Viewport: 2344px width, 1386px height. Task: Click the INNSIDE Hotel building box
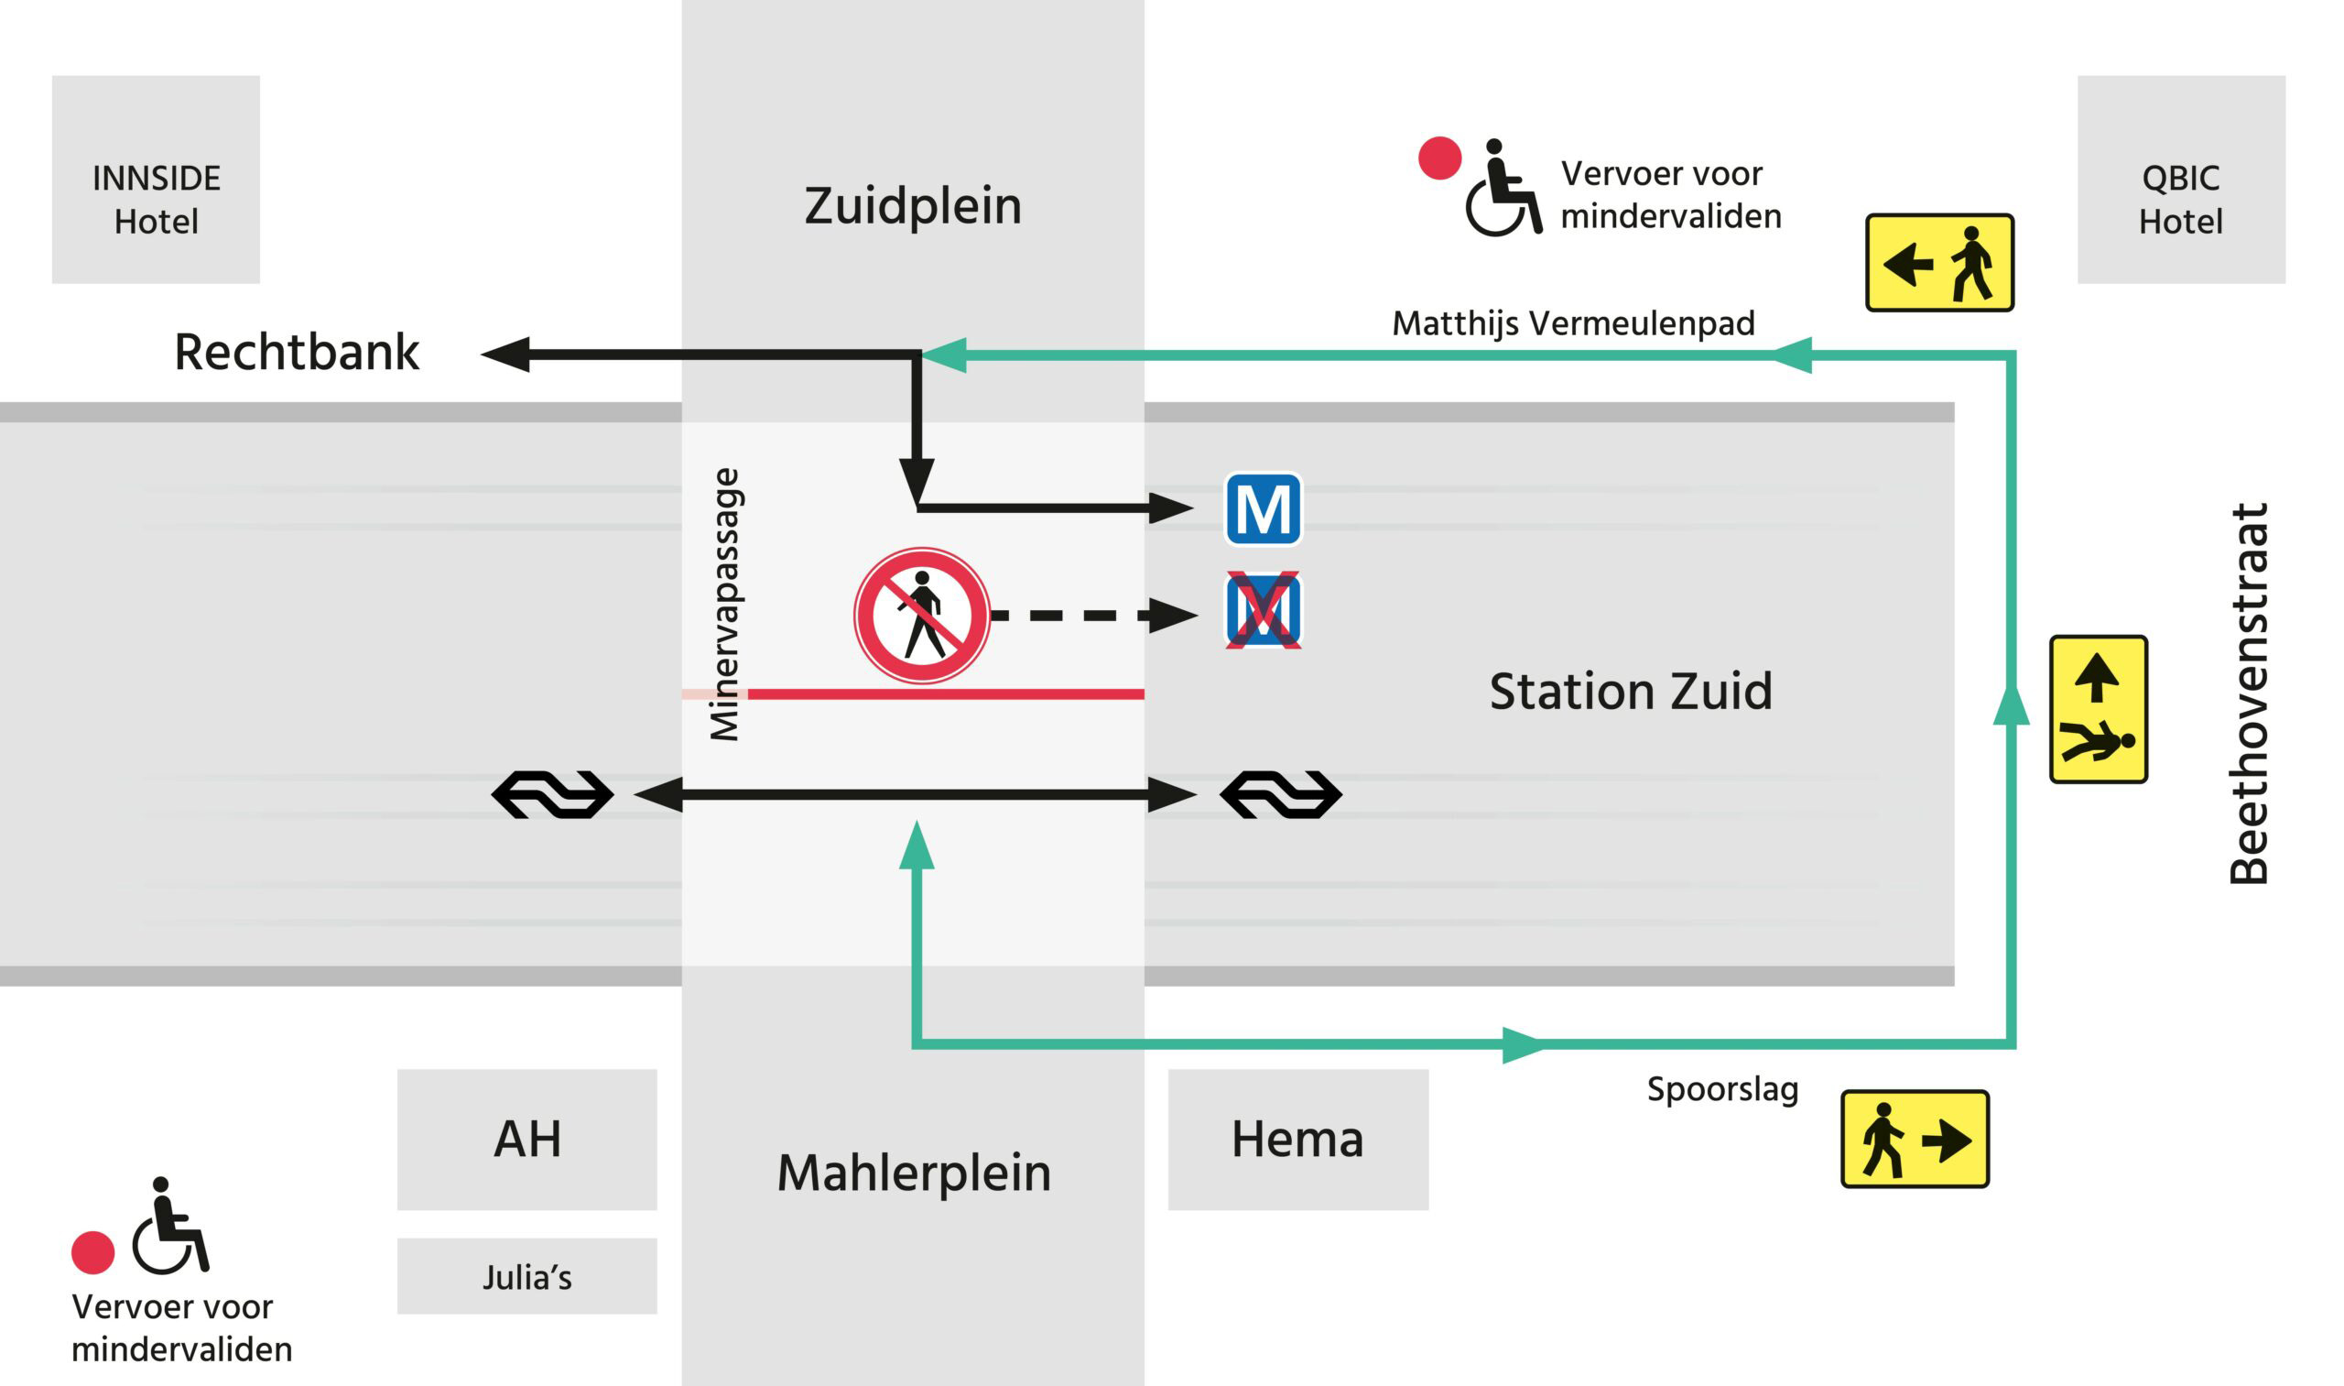[x=156, y=180]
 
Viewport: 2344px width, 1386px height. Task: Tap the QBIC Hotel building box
[x=2181, y=180]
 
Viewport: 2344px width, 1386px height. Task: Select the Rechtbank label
[x=296, y=352]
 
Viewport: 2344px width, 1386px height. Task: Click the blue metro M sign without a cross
[x=1263, y=509]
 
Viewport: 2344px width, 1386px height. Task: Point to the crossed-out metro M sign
[x=1263, y=611]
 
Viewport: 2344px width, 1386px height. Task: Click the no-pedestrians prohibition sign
[x=921, y=616]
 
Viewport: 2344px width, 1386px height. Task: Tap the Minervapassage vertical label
[x=724, y=605]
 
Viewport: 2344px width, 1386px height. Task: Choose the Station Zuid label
[x=1630, y=691]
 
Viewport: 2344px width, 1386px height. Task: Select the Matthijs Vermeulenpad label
[x=1573, y=323]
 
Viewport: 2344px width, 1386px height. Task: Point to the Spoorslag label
[x=1722, y=1089]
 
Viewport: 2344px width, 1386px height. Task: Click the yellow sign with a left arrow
[x=1939, y=262]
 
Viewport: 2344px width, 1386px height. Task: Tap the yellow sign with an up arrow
[x=2098, y=709]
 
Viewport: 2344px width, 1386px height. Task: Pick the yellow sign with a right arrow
[x=1915, y=1139]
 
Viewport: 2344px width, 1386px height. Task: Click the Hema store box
[x=1297, y=1140]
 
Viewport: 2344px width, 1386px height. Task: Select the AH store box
[x=527, y=1140]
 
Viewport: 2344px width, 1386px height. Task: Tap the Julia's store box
[x=527, y=1276]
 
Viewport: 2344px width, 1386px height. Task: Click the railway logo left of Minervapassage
[x=553, y=795]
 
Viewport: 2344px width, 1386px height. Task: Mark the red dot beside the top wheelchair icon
[x=1439, y=158]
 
